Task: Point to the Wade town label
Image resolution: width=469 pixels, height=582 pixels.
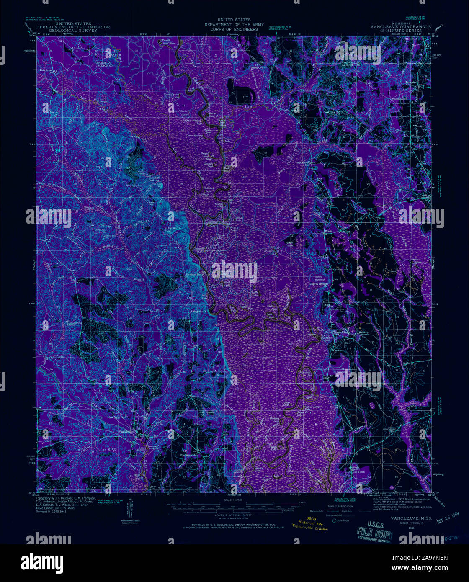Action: [x=329, y=231]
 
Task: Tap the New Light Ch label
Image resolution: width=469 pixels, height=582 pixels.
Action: [x=116, y=417]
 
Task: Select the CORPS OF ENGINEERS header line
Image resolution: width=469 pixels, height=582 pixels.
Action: [x=234, y=30]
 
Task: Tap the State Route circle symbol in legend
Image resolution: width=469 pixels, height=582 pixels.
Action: [x=334, y=520]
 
